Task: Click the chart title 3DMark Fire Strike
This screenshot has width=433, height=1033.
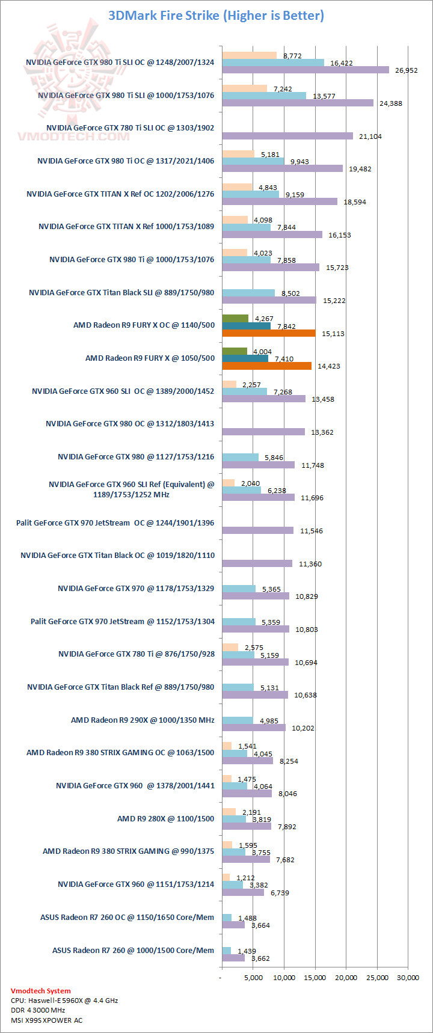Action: tap(216, 16)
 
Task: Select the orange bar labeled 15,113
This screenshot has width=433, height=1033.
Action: tap(268, 333)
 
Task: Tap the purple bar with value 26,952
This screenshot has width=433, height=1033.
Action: tap(306, 70)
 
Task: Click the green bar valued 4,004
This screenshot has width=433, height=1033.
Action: tap(235, 351)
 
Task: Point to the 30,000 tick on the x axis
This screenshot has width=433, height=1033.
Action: tap(408, 978)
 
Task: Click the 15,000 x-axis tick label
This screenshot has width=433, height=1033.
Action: tap(315, 978)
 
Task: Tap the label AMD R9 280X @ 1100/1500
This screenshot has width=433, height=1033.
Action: tap(165, 818)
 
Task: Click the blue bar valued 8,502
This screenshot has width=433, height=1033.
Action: tap(248, 293)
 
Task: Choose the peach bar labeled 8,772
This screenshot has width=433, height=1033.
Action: tap(249, 55)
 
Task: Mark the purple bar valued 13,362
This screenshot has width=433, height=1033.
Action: tap(263, 432)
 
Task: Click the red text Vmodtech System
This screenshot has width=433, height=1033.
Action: tap(40, 991)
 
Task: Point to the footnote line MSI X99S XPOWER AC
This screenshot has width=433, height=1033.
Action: tap(46, 1020)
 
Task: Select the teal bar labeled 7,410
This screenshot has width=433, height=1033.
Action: tap(245, 358)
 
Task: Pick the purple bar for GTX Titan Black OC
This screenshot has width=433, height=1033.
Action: tap(257, 563)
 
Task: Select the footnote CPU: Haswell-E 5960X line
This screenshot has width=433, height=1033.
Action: tap(64, 1001)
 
